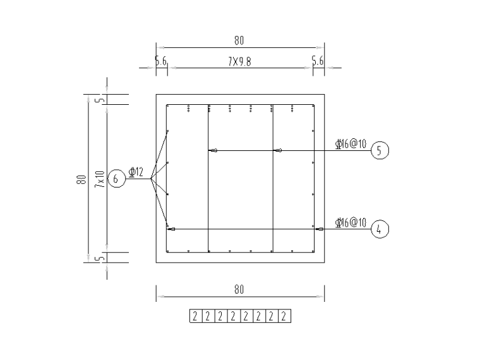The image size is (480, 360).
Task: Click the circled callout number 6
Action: point(117,179)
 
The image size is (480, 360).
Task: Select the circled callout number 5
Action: point(380,150)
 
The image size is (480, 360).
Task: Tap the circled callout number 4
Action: point(380,229)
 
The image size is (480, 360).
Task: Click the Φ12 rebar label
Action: point(136,172)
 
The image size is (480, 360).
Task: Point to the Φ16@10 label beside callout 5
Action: point(351,143)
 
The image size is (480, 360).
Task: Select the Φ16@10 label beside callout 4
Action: point(351,222)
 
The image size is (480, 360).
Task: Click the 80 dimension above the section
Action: point(239,40)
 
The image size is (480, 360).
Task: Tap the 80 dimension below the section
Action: point(239,289)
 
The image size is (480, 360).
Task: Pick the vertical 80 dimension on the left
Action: point(81,180)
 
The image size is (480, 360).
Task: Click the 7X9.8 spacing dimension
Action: point(239,62)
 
